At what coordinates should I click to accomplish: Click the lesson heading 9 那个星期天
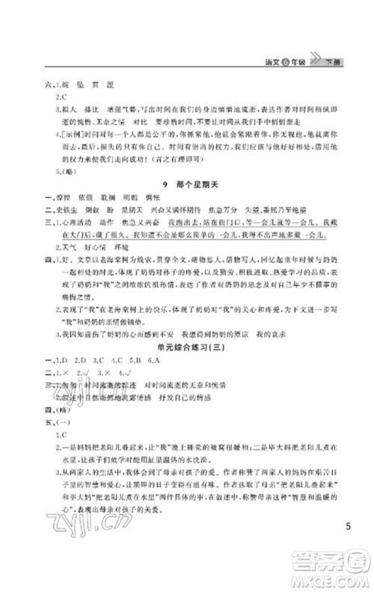187,184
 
